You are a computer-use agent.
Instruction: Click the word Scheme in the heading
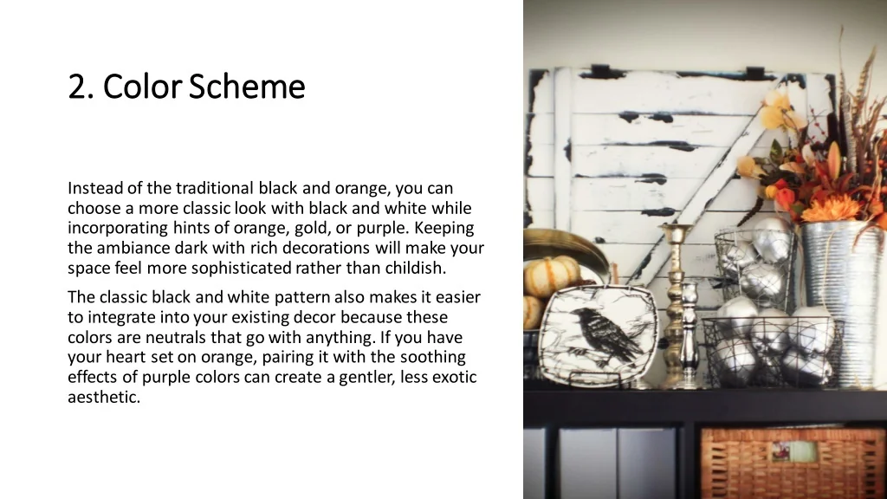[247, 87]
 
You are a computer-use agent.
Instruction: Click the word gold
[309, 229]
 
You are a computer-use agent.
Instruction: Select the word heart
[126, 357]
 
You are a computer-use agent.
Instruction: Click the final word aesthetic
[104, 397]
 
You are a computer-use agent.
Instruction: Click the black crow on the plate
[604, 335]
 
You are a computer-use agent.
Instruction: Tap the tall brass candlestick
[675, 305]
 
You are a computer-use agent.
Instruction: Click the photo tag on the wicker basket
[794, 451]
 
